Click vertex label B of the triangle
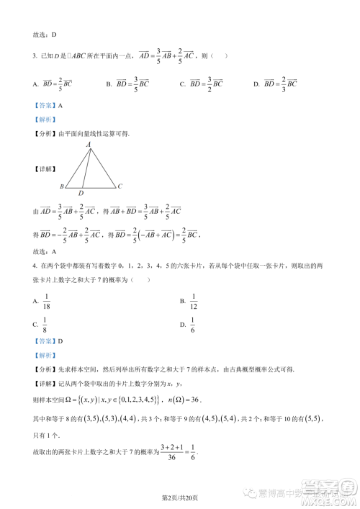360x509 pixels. (x=62, y=186)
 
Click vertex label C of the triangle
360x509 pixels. (x=120, y=186)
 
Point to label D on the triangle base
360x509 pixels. (x=81, y=193)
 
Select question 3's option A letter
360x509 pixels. (x=35, y=84)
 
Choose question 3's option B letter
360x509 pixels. (x=109, y=84)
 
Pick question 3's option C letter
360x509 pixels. (x=182, y=84)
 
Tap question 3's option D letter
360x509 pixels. (x=257, y=84)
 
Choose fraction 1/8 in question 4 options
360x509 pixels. (x=45, y=325)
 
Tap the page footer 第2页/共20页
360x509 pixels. (x=179, y=497)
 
